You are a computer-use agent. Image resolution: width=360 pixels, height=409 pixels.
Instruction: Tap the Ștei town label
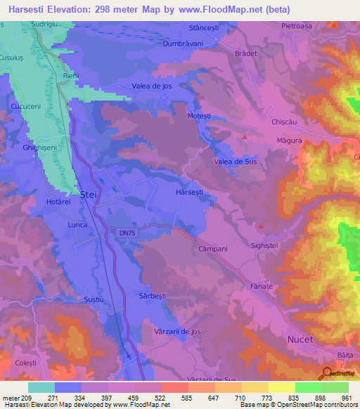pos(88,193)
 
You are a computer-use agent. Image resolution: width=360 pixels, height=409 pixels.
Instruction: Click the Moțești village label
pos(201,115)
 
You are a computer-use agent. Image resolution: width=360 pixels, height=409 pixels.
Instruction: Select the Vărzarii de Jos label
pos(172,330)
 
